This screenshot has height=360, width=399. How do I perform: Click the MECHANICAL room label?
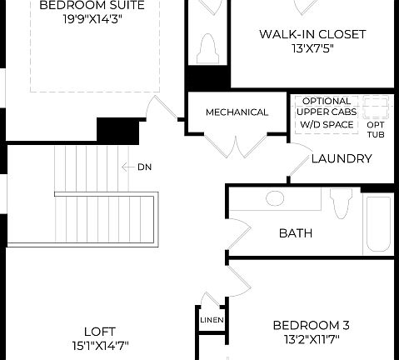(x=237, y=112)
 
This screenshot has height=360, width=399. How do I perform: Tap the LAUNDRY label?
(x=342, y=158)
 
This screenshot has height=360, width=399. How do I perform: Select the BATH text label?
(x=295, y=232)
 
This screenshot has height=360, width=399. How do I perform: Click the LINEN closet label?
(x=209, y=319)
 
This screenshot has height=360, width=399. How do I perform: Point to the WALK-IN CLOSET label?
(x=312, y=34)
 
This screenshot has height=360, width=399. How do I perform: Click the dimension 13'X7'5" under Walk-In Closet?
(x=312, y=48)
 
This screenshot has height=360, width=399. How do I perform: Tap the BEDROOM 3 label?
(x=311, y=325)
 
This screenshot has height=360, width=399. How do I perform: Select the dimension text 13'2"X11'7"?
(x=311, y=339)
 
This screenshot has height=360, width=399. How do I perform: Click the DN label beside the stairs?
(x=144, y=167)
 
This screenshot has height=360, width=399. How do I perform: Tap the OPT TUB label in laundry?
(x=376, y=128)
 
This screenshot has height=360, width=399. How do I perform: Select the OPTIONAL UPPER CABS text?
(x=327, y=106)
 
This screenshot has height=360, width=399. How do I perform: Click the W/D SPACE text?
(x=327, y=125)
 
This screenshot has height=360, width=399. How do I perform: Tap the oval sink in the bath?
(x=274, y=199)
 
